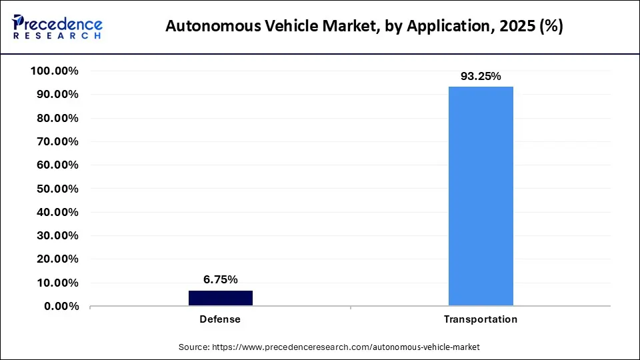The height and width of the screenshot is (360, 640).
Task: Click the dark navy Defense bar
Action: tap(220, 298)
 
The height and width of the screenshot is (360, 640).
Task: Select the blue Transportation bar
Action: tap(481, 196)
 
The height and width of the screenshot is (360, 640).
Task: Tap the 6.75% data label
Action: tap(220, 279)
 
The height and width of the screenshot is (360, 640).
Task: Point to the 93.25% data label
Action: tap(481, 76)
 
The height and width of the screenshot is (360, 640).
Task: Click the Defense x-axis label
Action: tap(220, 319)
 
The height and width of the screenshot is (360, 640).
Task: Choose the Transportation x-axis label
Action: tap(481, 319)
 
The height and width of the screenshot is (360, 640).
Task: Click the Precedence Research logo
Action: tap(57, 27)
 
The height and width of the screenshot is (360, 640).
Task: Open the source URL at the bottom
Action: tap(345, 347)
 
